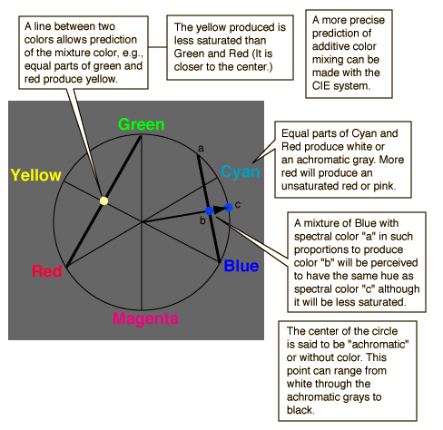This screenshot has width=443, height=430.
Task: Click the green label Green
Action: tap(142, 124)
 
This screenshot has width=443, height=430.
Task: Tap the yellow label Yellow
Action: tap(36, 175)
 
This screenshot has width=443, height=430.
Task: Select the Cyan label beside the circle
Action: tap(240, 172)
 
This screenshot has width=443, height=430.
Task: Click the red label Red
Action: tap(47, 271)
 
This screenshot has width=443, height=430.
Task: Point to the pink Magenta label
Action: tap(145, 318)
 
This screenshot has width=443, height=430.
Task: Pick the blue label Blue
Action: tap(241, 266)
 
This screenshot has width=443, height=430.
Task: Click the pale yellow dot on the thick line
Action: tap(103, 200)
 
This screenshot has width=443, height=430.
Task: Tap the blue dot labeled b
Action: tap(209, 210)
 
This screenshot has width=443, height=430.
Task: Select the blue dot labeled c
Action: tap(229, 207)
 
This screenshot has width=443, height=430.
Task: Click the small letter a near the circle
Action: tap(201, 149)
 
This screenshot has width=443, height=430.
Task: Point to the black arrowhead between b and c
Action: tap(219, 210)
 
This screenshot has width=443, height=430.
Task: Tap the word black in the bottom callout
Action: tap(300, 410)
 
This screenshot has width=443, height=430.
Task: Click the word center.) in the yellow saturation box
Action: tap(254, 67)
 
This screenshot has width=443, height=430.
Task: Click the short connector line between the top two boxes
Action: tap(157, 47)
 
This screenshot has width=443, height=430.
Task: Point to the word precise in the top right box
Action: tap(368, 20)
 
